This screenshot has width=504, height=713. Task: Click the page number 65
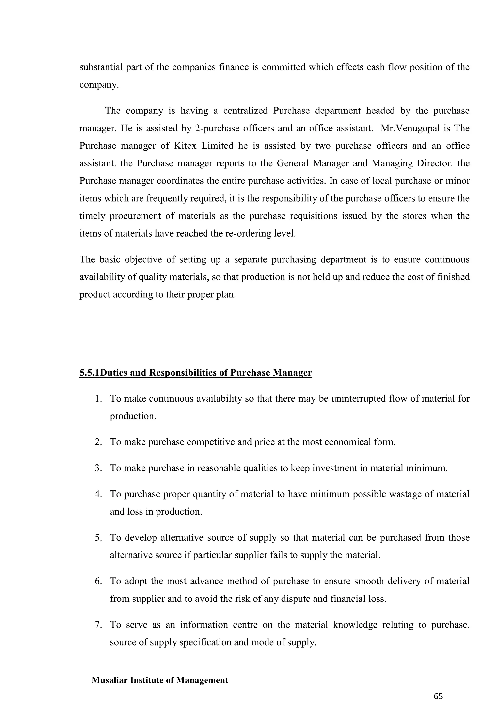coord(438,697)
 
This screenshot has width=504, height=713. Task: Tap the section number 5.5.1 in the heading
coord(89,373)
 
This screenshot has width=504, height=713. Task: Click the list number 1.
coord(98,398)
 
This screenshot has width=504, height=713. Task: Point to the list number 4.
coord(98,494)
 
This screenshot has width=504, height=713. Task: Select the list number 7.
coord(98,625)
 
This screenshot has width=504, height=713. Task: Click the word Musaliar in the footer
coord(110,680)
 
